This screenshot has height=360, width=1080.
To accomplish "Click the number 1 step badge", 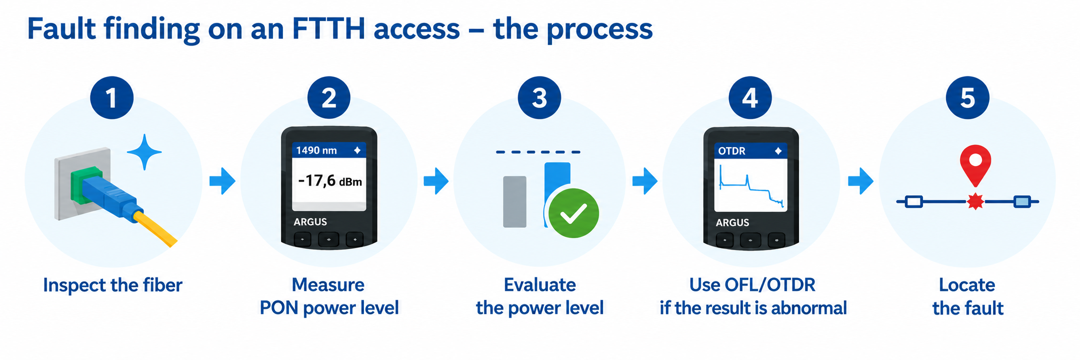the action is point(112,97).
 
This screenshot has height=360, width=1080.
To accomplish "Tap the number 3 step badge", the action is point(540,97).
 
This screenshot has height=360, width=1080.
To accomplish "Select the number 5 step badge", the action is point(968,97).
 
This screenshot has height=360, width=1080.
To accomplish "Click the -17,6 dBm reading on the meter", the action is point(330,180).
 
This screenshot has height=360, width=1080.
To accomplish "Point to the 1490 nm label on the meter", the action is point(316,150).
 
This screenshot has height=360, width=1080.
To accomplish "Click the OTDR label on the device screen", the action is point(731,151).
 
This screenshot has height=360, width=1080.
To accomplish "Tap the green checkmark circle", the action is point(574,213).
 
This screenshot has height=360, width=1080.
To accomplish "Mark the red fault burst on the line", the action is point(976,201).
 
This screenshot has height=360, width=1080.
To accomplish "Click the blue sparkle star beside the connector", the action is point(144,152).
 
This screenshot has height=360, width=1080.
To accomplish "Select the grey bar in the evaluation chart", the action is point(515,201).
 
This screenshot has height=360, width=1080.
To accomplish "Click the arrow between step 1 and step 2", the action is point(222,181).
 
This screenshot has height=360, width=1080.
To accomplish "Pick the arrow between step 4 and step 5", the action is point(860,181).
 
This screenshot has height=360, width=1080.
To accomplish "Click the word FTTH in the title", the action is point(328,29).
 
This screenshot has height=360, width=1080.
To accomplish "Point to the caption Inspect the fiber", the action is point(113,285).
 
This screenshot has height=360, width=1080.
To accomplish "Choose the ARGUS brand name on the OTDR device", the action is point(732,223).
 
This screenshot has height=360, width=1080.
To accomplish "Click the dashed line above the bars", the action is point(538,152).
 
